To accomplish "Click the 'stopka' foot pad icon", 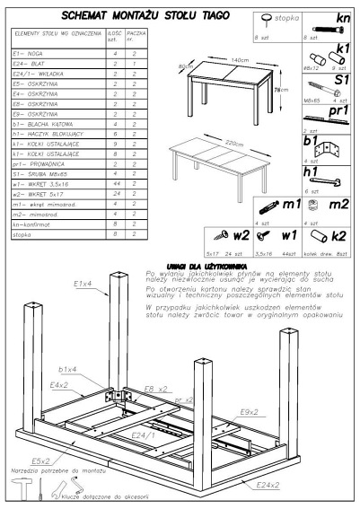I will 267,20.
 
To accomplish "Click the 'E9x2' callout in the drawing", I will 250,411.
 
